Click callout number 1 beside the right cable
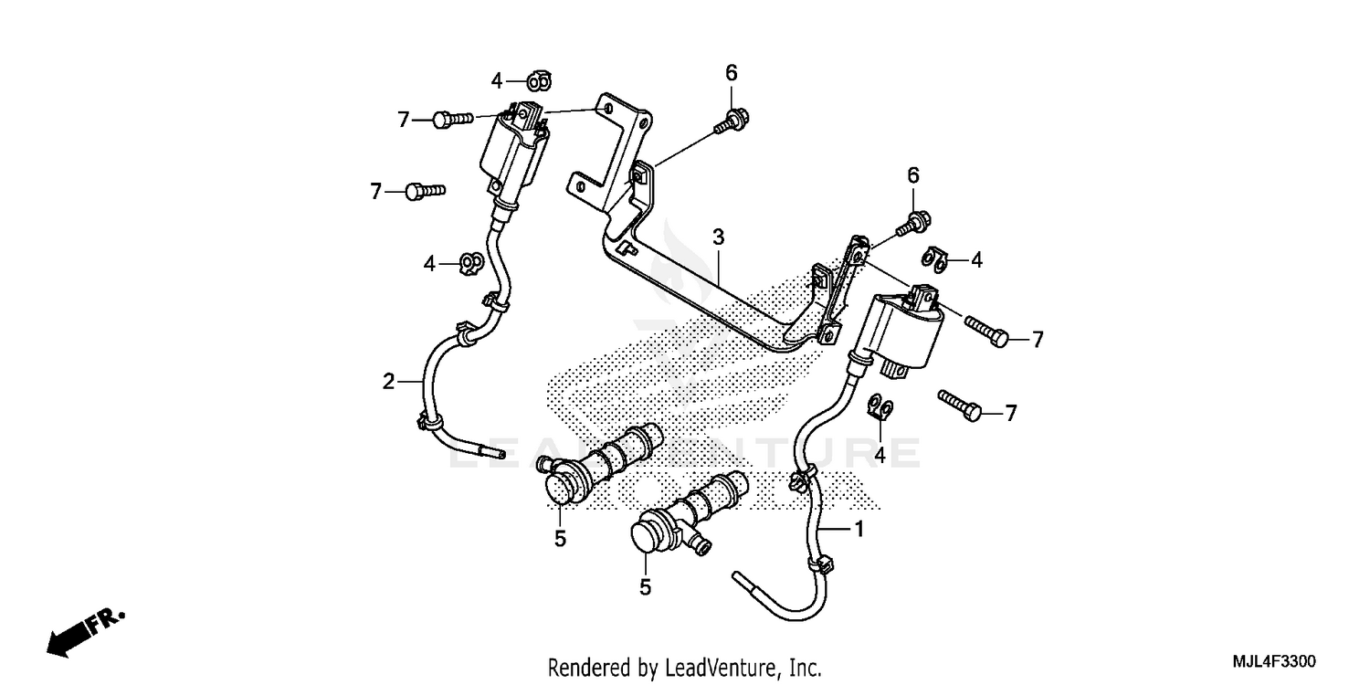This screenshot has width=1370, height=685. (x=859, y=528)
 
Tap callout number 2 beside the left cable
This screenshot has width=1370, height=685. (x=388, y=381)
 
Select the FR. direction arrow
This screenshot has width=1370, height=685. (x=87, y=630)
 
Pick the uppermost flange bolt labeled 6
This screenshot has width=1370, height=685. (x=733, y=118)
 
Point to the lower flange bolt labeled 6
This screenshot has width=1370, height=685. (x=911, y=221)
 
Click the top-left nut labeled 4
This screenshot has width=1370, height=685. (x=539, y=82)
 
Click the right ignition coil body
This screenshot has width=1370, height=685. (x=907, y=332)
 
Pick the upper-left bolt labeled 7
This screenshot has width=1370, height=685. (x=451, y=119)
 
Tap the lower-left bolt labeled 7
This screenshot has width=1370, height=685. (x=425, y=191)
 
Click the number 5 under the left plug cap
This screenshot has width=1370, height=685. (x=560, y=539)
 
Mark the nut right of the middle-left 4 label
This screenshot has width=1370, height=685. (x=470, y=265)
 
